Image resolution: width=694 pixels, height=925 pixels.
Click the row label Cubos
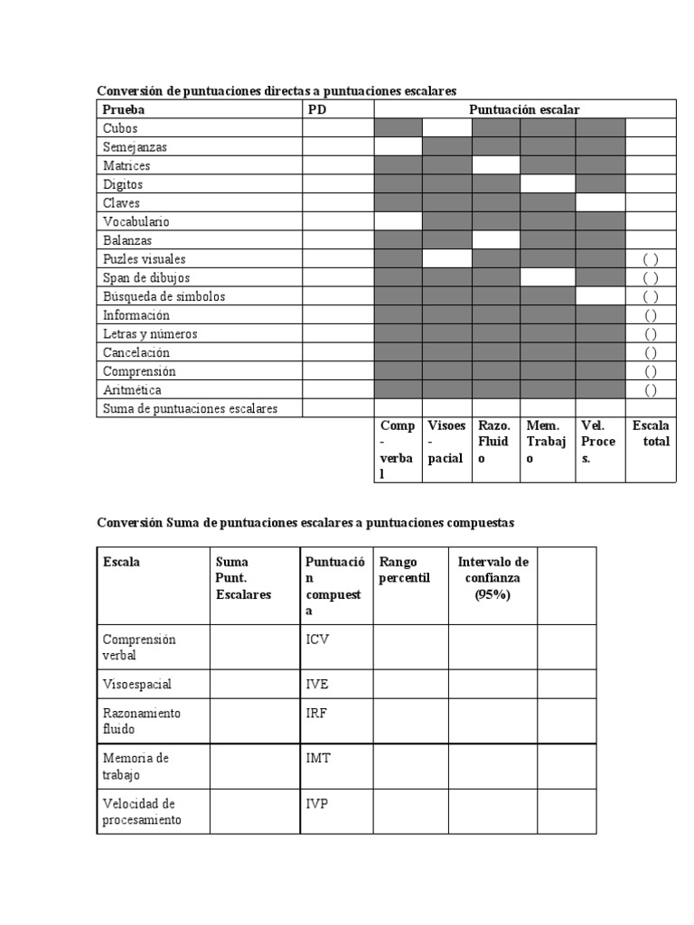(119, 128)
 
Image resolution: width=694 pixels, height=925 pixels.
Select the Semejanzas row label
(135, 146)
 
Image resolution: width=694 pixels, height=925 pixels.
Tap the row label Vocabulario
(136, 221)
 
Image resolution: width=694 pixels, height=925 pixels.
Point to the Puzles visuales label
(144, 259)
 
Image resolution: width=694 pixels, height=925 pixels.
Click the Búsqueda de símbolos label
(164, 296)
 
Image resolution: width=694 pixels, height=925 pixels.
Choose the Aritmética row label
(132, 389)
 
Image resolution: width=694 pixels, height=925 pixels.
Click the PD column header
(317, 109)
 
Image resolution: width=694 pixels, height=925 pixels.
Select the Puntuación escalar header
(524, 109)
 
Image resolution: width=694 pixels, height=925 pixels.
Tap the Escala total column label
(651, 434)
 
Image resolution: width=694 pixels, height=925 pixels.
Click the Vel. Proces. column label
(599, 442)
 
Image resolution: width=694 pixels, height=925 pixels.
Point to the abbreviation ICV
(317, 639)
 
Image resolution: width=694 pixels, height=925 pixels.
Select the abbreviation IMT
(318, 758)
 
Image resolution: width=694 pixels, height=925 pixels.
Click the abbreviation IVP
(317, 803)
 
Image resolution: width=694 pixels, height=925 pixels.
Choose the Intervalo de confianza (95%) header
(492, 578)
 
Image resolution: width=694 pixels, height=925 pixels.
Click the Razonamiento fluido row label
(142, 721)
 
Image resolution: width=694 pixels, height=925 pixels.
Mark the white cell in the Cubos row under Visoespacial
(447, 128)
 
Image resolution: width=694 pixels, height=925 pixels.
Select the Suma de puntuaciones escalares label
(190, 408)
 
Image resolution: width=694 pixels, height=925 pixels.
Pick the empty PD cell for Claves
(337, 203)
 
